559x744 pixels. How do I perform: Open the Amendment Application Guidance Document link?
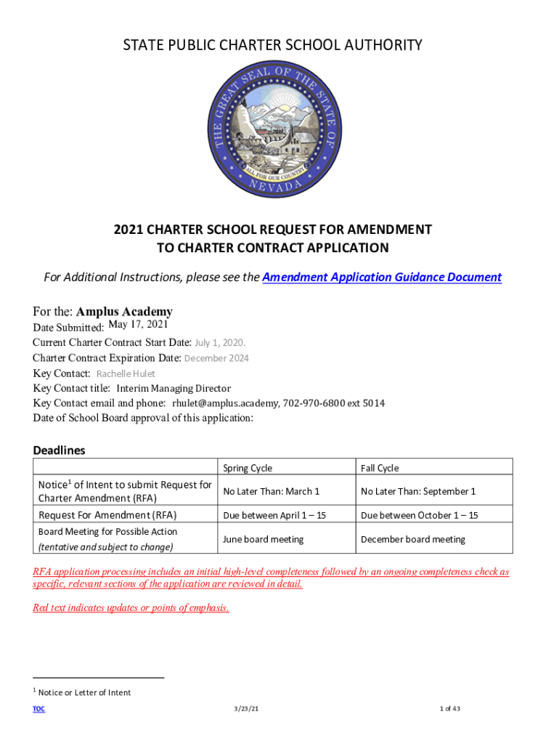coord(381,277)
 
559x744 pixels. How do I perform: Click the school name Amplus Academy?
coord(124,312)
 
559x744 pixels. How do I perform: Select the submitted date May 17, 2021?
coord(138,325)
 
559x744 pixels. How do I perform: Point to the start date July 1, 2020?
coord(220,342)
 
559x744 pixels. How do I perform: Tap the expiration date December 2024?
coord(216,358)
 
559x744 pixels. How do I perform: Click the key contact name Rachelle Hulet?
coord(126,373)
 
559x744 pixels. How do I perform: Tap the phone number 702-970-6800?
coord(314,403)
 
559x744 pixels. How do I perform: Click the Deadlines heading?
coord(59,450)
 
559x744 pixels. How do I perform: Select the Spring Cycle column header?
coord(248,468)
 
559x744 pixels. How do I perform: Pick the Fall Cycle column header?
coord(380,468)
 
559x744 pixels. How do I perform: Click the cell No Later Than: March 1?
coord(271,491)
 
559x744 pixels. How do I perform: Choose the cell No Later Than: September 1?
coord(418,491)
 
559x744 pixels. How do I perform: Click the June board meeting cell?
coord(263,539)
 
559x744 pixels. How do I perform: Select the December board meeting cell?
coord(413,539)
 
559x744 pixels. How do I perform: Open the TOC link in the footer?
coord(38,709)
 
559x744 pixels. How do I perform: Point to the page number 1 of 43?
coord(450,709)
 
